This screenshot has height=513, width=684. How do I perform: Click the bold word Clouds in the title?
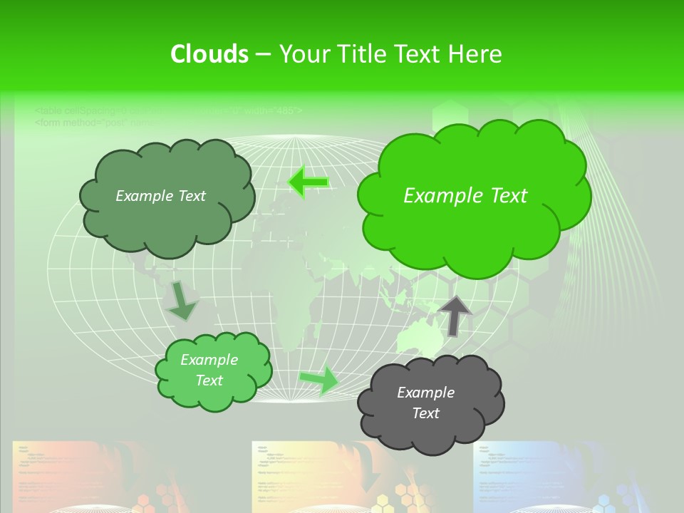[209, 54]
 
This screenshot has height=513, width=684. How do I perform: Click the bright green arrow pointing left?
[308, 182]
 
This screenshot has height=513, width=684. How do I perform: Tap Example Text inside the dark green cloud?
[160, 196]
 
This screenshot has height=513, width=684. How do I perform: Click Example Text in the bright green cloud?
[465, 196]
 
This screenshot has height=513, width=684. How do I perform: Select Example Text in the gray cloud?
[425, 403]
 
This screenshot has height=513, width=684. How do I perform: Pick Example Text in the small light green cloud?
[209, 370]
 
